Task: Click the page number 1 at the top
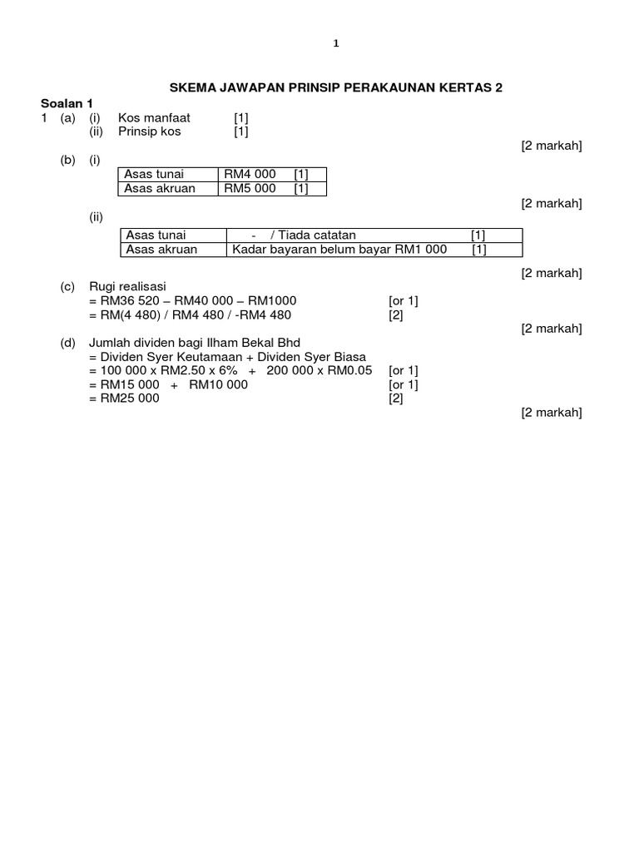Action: [x=335, y=45]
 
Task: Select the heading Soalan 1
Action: [x=67, y=103]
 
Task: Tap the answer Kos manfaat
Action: [x=155, y=118]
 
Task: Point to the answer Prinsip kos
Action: [x=150, y=131]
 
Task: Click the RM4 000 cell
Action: [x=250, y=174]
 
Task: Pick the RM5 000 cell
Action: [x=250, y=188]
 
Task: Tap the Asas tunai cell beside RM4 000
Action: [x=154, y=174]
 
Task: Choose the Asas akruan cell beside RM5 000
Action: [x=160, y=188]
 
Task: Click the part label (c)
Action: [x=67, y=286]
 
